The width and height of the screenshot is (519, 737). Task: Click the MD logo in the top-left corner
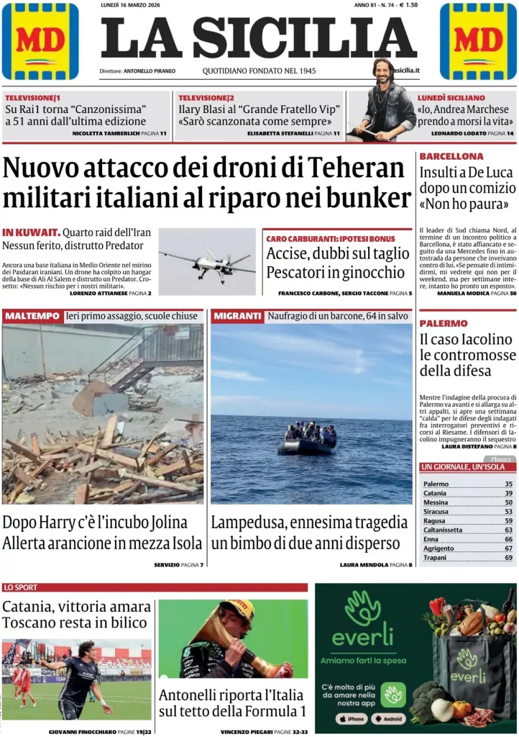(40, 41)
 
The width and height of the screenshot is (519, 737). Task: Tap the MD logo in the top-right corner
(477, 41)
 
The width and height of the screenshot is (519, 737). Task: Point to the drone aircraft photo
(207, 262)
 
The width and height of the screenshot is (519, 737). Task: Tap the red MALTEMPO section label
(32, 316)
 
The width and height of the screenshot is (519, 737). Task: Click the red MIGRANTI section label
(237, 316)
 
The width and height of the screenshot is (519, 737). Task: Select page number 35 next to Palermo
(508, 484)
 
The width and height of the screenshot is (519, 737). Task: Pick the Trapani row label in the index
(436, 557)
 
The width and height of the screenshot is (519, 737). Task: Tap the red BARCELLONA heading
(451, 156)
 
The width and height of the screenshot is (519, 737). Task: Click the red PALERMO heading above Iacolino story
(444, 323)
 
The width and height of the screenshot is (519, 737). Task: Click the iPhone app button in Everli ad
(352, 718)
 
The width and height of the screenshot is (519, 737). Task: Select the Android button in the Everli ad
(389, 718)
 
